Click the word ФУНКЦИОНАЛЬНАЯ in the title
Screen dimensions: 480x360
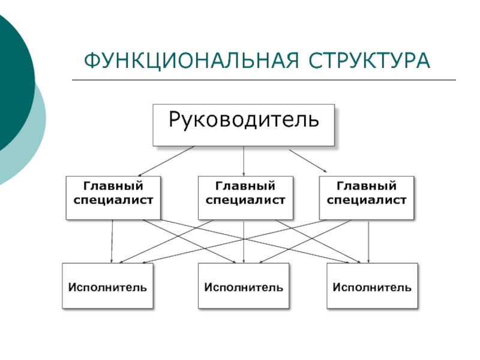(191, 61)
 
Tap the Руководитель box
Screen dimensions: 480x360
(244, 125)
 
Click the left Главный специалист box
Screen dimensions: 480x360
(113, 198)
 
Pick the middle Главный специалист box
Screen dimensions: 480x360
(245, 198)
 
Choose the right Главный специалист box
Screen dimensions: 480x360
(367, 198)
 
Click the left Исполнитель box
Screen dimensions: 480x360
(107, 286)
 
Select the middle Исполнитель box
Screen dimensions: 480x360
(244, 286)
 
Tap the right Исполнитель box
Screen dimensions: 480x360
(372, 286)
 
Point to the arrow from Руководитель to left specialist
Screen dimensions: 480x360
(166, 161)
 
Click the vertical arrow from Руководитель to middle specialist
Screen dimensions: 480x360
(244, 161)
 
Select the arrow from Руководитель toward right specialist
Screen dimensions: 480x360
(308, 161)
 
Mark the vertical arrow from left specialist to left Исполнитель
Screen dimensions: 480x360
(112, 241)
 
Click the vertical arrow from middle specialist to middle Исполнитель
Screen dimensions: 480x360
(244, 242)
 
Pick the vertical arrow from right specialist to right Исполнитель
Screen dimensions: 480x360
(368, 242)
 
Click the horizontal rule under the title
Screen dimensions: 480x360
(264, 80)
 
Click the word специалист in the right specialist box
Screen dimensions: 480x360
(367, 200)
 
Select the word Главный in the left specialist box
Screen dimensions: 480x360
(113, 186)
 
